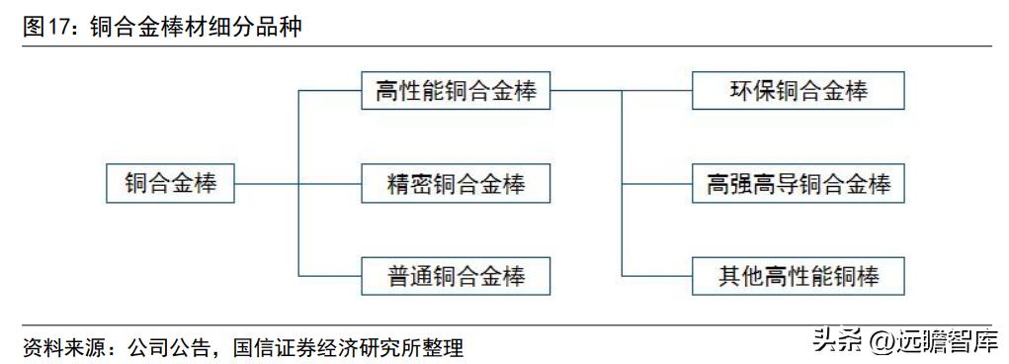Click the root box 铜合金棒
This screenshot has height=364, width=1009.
tap(170, 183)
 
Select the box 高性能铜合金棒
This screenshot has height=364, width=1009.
tap(456, 91)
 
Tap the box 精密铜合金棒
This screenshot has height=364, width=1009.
tap(456, 183)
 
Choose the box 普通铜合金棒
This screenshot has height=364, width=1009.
tap(456, 274)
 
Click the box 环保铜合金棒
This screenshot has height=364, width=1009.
tap(799, 91)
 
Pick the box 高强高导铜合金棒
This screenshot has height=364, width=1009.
tap(799, 183)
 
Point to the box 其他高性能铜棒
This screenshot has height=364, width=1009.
tap(799, 274)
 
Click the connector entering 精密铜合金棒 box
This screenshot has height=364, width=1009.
tap(331, 183)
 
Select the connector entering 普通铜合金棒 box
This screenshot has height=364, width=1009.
tap(331, 274)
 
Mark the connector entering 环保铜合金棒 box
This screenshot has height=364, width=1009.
tap(657, 91)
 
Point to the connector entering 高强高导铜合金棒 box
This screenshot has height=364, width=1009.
tap(657, 183)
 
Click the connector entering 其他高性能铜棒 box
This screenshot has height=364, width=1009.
tap(657, 274)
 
